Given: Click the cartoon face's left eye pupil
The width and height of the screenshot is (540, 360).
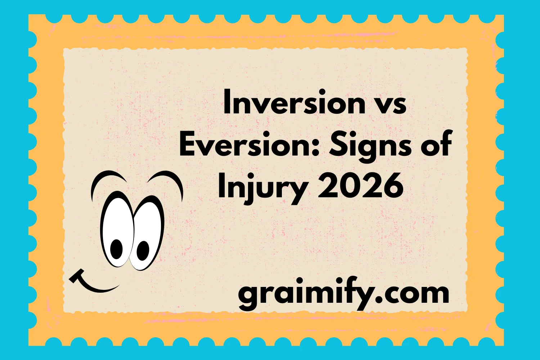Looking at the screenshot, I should (x=116, y=248).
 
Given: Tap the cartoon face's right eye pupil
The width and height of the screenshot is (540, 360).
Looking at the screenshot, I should (x=143, y=250).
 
